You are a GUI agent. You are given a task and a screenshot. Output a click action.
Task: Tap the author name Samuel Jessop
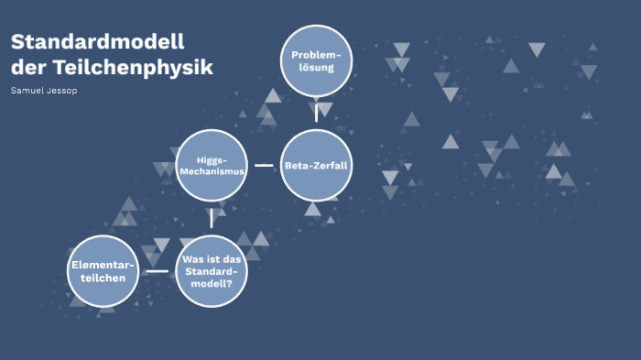click(44, 92)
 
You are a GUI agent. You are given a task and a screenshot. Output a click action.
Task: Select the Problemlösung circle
click(316, 61)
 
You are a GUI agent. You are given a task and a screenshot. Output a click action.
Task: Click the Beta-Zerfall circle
click(316, 166)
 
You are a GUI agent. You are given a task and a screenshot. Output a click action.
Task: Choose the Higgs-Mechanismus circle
click(212, 166)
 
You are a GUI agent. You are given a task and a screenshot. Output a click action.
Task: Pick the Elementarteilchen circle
click(103, 271)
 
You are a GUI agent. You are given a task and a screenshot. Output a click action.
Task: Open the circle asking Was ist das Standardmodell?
click(212, 271)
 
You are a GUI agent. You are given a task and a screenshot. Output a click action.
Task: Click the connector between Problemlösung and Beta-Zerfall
click(316, 113)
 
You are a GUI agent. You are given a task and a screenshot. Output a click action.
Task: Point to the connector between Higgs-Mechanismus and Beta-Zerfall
click(264, 166)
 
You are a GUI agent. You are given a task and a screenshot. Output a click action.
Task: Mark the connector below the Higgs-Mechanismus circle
click(212, 218)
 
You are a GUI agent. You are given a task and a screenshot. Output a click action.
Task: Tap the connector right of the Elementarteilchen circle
click(158, 271)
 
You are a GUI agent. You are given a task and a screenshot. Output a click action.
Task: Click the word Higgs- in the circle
click(212, 159)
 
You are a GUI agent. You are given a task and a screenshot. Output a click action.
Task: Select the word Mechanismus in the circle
click(212, 171)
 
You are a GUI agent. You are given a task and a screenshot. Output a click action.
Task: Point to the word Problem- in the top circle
click(316, 56)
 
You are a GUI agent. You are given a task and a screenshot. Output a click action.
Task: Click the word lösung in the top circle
click(316, 68)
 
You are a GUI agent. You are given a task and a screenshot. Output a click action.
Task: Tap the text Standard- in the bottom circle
click(212, 271)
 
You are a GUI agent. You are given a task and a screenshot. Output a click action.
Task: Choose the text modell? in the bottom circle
click(212, 283)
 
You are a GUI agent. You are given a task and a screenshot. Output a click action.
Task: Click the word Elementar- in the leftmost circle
click(103, 266)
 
